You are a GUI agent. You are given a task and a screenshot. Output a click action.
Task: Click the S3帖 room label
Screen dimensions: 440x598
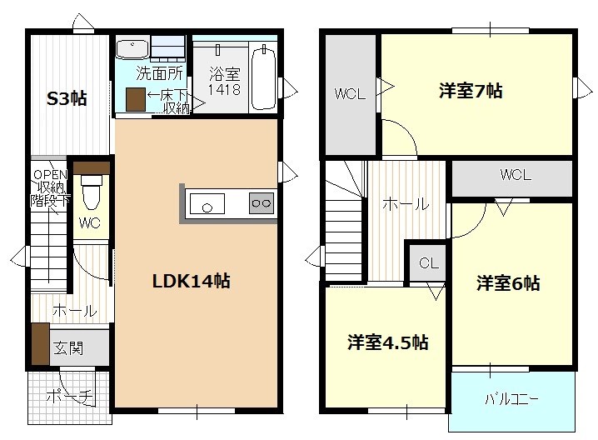pyautogui.click(x=66, y=98)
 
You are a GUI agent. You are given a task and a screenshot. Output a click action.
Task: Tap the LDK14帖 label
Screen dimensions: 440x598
pyautogui.click(x=191, y=281)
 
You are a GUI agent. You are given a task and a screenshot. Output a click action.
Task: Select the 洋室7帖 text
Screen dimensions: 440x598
pyautogui.click(x=470, y=92)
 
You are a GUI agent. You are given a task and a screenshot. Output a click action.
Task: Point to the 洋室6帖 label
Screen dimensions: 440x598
pyautogui.click(x=508, y=283)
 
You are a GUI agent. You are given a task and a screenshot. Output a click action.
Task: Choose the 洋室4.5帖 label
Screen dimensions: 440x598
pyautogui.click(x=387, y=342)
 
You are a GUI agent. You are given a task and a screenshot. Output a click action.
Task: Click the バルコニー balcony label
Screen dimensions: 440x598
pyautogui.click(x=511, y=399)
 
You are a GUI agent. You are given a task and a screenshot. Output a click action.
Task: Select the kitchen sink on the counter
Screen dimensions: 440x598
pyautogui.click(x=207, y=202)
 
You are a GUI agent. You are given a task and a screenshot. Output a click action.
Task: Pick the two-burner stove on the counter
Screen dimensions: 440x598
pyautogui.click(x=262, y=202)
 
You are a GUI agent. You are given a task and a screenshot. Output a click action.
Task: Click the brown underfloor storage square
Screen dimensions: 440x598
pyautogui.click(x=136, y=98)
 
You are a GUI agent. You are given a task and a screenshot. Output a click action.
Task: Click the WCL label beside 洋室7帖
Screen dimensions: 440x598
pyautogui.click(x=350, y=94)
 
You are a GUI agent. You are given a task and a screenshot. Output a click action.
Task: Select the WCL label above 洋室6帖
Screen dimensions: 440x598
pyautogui.click(x=516, y=175)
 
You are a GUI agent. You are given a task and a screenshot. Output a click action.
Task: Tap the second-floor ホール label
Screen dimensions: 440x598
pyautogui.click(x=406, y=204)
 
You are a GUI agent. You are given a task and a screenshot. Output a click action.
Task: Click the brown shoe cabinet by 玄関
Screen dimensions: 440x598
pyautogui.click(x=39, y=342)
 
